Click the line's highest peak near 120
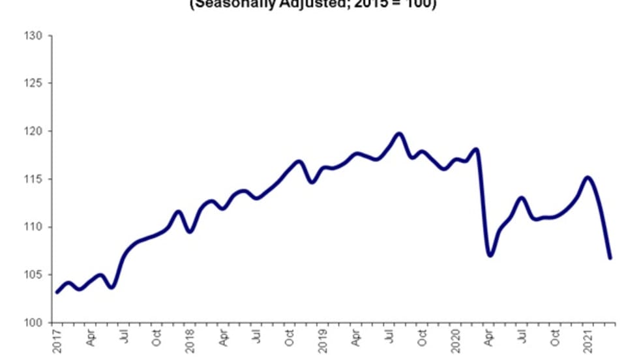click(399, 134)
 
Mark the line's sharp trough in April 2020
click(490, 255)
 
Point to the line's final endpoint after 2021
click(610, 258)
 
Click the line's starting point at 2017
click(57, 292)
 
